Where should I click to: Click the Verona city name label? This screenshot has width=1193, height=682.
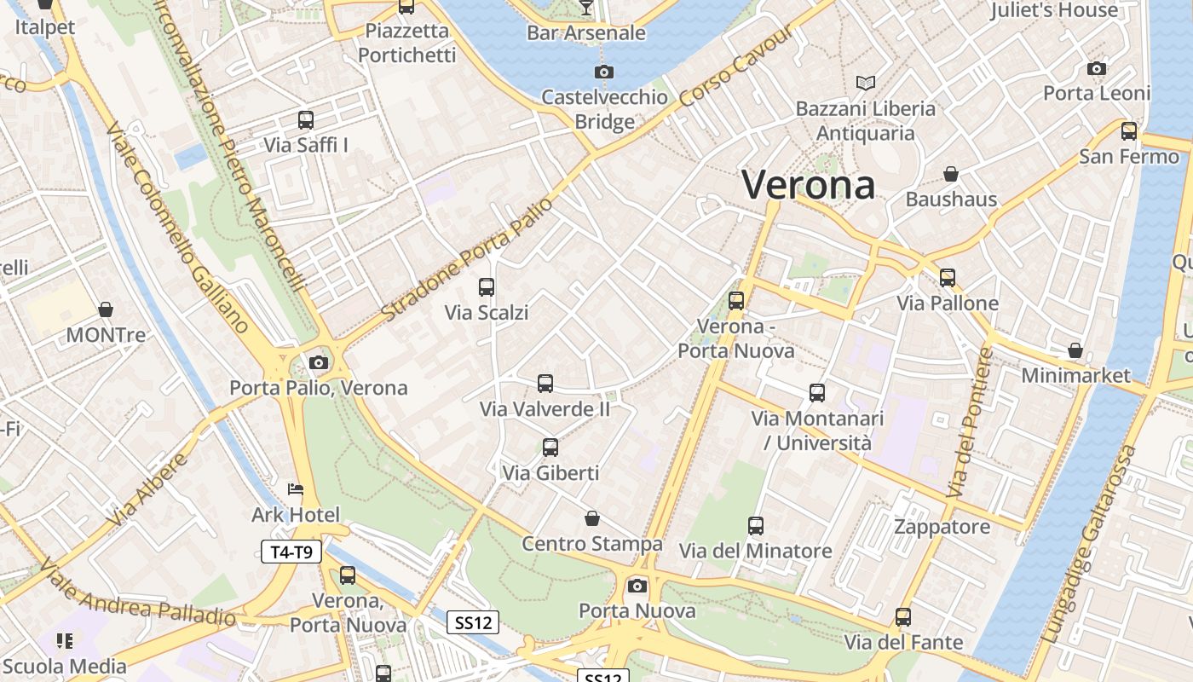(808, 185)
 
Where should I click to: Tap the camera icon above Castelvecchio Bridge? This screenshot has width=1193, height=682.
(603, 72)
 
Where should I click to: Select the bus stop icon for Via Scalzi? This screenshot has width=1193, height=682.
(487, 287)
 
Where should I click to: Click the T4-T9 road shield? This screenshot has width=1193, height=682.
(291, 552)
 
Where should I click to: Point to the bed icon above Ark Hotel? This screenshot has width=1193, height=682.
(295, 489)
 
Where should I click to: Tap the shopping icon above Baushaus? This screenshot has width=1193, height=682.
(951, 175)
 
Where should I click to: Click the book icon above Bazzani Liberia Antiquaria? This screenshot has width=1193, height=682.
(866, 83)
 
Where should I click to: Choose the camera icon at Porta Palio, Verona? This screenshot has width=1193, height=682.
(319, 363)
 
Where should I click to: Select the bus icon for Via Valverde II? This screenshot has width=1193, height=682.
(545, 384)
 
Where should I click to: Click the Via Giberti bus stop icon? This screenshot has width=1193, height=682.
(550, 448)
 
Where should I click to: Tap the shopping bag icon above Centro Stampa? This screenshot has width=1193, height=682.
(592, 518)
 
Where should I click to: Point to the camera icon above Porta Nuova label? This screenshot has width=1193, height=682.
(637, 586)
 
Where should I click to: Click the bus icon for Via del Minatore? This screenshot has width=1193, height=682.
(756, 526)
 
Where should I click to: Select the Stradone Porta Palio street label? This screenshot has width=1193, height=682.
(467, 259)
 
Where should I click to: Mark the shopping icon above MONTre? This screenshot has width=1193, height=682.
(106, 309)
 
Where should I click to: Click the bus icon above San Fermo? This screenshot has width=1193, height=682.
(1129, 131)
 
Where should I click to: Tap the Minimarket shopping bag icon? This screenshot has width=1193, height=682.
(1075, 350)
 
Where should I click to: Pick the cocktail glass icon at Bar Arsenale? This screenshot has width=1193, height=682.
(585, 8)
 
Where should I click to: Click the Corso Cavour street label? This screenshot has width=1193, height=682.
(737, 66)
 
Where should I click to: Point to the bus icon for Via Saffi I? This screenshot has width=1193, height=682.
(306, 120)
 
